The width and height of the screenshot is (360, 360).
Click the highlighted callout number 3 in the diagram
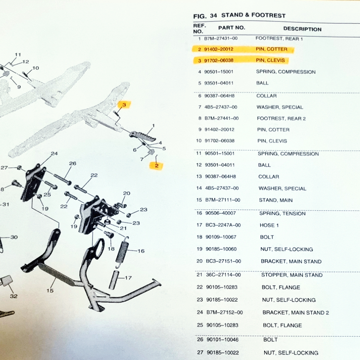(x=124, y=105)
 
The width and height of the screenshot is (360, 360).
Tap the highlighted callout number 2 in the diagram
(x=157, y=165)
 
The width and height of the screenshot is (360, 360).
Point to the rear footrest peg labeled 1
(x=143, y=136)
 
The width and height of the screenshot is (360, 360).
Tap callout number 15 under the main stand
(x=50, y=290)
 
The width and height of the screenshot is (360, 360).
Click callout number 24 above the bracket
(x=54, y=154)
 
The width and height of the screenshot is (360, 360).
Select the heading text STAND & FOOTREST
(x=253, y=16)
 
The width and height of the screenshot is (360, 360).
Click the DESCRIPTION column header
(x=302, y=29)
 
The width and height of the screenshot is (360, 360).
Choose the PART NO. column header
(x=232, y=28)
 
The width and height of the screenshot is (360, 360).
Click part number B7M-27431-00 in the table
(x=221, y=38)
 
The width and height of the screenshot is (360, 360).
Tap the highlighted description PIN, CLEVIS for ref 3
(x=270, y=60)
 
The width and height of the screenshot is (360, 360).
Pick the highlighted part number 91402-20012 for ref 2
(x=218, y=49)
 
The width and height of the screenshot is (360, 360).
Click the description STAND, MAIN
(x=276, y=200)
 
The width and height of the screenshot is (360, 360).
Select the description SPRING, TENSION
(x=282, y=214)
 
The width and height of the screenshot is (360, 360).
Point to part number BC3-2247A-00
(x=223, y=225)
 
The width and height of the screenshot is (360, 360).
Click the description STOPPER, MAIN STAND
(x=292, y=275)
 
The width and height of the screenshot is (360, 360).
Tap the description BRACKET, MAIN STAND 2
(x=296, y=313)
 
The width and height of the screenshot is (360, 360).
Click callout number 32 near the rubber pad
(x=14, y=296)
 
